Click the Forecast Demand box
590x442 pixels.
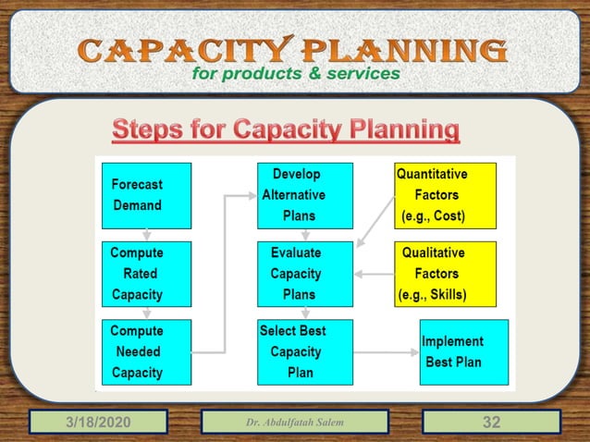146,195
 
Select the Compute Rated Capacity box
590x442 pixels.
146,274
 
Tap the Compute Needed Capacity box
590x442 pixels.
146,352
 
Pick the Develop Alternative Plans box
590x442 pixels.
304,195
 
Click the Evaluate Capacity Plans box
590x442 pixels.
304,274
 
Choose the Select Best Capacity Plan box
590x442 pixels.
304,352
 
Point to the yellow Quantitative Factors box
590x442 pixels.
445,195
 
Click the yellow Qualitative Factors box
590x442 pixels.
445,274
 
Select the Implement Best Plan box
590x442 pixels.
463,352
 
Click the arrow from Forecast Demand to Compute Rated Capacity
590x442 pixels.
146,235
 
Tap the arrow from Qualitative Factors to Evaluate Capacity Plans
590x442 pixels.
374,274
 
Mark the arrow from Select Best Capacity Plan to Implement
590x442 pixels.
385,352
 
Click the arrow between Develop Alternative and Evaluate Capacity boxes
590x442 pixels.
304,235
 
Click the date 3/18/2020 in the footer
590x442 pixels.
97,423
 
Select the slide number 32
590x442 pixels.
491,423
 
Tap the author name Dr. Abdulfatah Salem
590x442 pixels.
294,423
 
